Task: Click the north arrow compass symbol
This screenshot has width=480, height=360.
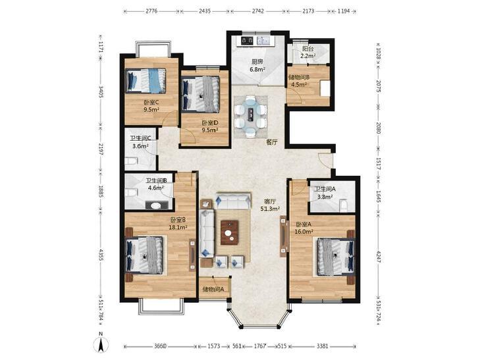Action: click(x=101, y=343)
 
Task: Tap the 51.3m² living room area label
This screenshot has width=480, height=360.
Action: click(x=271, y=209)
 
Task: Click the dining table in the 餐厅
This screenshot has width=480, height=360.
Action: click(x=251, y=116)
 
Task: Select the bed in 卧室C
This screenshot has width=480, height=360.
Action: click(x=146, y=80)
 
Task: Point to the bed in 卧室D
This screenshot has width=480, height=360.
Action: click(x=201, y=94)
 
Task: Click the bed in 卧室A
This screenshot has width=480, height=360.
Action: click(x=336, y=257)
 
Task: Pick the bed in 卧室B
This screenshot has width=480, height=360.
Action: click(x=144, y=255)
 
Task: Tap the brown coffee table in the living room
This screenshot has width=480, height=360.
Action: click(x=230, y=232)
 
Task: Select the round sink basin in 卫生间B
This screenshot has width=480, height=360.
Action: click(x=156, y=205)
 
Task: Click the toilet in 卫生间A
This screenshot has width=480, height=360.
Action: click(x=344, y=205)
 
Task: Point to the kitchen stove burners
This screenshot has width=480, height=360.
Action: click(x=247, y=40)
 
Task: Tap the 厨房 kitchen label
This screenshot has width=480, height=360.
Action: click(x=256, y=62)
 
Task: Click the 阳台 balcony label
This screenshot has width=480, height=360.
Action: click(x=307, y=49)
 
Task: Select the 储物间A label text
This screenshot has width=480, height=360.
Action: click(x=213, y=289)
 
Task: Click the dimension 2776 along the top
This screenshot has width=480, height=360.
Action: click(x=151, y=11)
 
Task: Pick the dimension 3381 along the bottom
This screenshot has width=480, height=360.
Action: click(x=323, y=346)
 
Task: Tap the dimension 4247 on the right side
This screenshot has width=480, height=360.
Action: click(x=379, y=256)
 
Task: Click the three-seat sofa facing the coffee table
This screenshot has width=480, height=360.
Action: click(x=234, y=201)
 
